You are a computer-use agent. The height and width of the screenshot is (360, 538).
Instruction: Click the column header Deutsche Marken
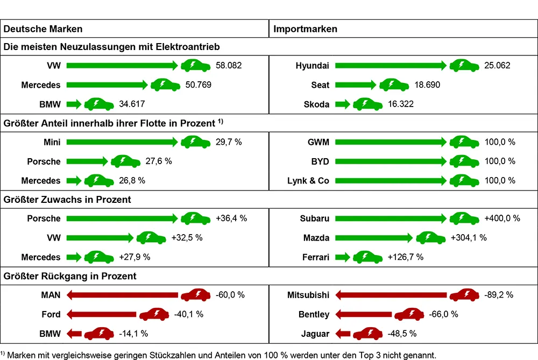coord(43,29)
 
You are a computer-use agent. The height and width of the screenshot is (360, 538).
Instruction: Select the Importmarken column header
coord(306,29)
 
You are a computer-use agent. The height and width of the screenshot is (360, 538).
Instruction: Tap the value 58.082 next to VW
coord(229,66)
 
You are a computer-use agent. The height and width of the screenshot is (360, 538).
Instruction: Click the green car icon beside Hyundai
coord(464,66)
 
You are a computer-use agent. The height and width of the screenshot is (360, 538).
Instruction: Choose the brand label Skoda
coord(316,104)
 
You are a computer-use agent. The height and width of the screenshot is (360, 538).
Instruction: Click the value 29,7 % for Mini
coord(229,142)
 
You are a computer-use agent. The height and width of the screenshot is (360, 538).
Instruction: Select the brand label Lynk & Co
coord(308,181)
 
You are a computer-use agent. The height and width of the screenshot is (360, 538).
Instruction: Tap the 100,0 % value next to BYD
coord(500,161)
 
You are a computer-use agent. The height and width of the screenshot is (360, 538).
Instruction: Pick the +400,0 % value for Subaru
coord(502,218)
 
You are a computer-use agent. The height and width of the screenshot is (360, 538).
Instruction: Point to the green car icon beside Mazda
coord(431,238)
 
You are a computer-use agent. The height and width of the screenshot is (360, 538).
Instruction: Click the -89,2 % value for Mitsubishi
coord(499,295)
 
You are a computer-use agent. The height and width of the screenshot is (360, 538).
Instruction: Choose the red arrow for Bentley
coord(364,314)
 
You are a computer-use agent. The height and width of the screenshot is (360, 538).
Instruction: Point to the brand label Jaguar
coord(316,334)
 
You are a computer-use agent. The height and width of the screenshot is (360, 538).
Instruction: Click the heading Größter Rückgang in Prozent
coord(70,276)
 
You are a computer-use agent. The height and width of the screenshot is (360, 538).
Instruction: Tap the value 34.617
coord(131,104)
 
